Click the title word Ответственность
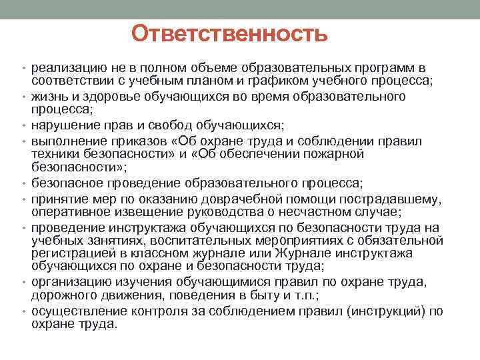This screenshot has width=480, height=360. [x=229, y=33]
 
